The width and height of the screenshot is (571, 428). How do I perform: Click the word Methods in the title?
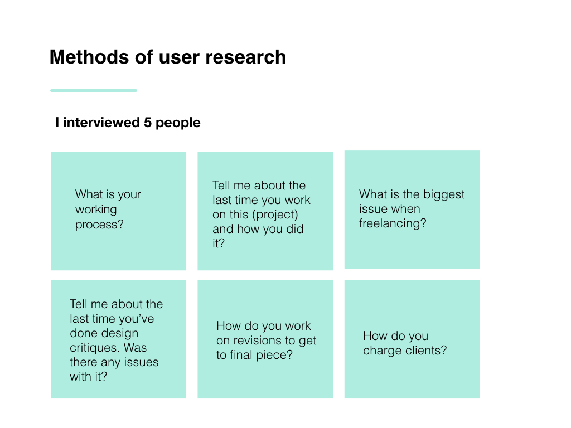click(89, 57)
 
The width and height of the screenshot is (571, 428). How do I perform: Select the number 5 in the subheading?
click(147, 123)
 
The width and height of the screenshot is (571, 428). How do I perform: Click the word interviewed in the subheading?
click(101, 123)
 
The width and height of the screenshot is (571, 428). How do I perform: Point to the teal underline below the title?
click(94, 90)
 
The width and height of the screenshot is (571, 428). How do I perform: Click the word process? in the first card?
click(99, 225)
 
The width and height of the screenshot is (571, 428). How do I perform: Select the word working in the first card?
click(96, 210)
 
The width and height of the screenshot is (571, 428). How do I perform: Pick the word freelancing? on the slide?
click(393, 223)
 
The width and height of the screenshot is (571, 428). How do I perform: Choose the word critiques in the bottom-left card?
click(95, 348)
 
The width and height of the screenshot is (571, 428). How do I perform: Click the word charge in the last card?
click(382, 351)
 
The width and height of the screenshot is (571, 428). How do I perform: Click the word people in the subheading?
click(178, 123)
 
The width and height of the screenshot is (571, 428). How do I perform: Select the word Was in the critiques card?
click(135, 348)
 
